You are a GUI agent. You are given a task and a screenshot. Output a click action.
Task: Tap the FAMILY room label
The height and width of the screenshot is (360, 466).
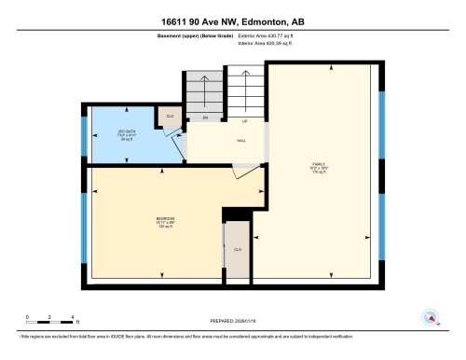tap(318, 166)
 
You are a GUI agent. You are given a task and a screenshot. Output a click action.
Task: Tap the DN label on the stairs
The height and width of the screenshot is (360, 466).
tap(204, 119)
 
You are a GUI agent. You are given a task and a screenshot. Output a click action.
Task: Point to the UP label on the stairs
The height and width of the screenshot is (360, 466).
tap(244, 121)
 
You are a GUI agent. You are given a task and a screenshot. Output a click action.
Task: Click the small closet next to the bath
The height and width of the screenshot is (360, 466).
tap(169, 117)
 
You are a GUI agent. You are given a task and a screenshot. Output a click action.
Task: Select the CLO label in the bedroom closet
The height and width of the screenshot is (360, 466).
tap(238, 250)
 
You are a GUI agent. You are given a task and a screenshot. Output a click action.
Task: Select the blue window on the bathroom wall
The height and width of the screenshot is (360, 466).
tap(85, 134)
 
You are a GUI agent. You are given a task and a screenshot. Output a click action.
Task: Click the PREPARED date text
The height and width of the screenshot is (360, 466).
tap(232, 314)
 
